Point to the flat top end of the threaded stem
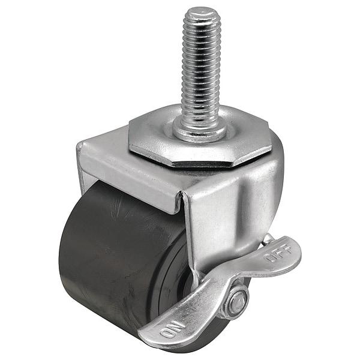point(205,12)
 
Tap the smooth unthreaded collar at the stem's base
point(199,130)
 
